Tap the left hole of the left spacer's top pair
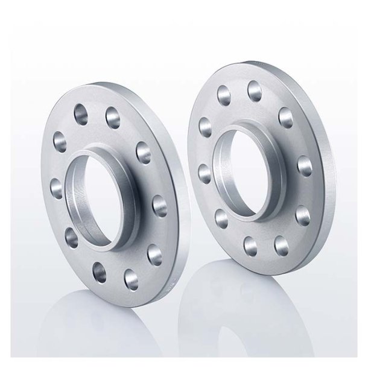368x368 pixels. [80, 113]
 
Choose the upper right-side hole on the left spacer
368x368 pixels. [144, 149]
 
